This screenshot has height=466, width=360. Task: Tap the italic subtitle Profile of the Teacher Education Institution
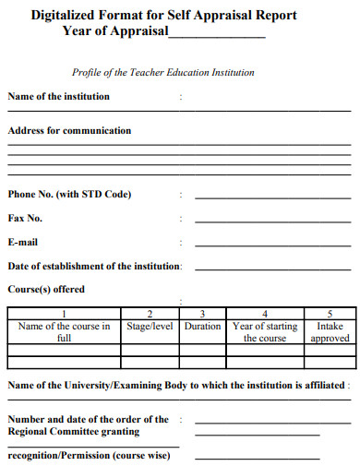[163, 72]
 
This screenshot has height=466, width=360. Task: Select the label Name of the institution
[58, 96]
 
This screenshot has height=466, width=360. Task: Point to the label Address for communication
[69, 131]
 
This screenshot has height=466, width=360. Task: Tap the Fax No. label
[25, 219]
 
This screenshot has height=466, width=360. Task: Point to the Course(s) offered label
[46, 289]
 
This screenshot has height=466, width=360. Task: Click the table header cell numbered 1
[64, 313]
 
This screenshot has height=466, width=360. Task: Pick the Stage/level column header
[150, 326]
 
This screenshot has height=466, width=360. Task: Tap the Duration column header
[202, 326]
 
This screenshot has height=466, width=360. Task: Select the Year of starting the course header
[265, 332]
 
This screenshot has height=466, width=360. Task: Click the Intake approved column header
[330, 332]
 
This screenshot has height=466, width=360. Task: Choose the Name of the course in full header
[64, 332]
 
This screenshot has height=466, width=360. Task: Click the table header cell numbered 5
[330, 313]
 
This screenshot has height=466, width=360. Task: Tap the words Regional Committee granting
[74, 431]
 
